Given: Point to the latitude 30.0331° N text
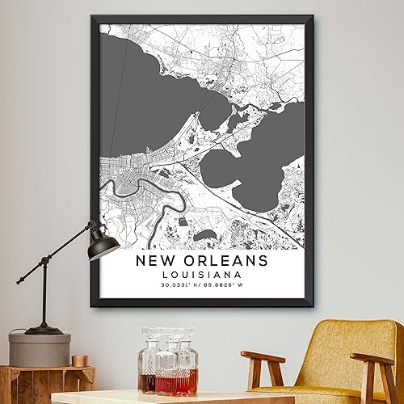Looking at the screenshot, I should click(x=179, y=285).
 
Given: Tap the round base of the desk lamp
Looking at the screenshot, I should click(x=44, y=329).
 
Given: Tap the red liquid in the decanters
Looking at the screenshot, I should click(x=167, y=382).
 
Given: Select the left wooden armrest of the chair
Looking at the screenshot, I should click(x=263, y=357).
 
